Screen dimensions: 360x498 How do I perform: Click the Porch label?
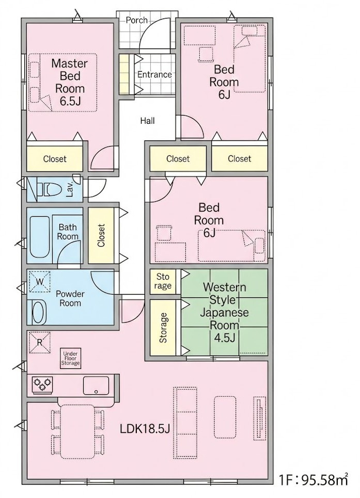pos(136,20)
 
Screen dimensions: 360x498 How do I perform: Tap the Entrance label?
pos(154,74)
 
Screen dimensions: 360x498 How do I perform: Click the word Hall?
pos(147,121)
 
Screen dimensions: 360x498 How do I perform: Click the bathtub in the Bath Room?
pos(39,236)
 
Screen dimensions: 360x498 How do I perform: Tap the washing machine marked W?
pos(40,281)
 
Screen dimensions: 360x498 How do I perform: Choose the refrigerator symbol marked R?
pos(40,342)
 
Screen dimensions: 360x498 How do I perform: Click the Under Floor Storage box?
pos(71,359)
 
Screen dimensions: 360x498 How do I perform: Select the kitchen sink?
pos(96,385)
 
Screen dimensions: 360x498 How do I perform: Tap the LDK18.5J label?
pos(145,429)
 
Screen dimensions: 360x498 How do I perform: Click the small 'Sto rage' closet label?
pos(163,281)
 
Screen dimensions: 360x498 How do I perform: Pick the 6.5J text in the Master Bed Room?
pos(70,101)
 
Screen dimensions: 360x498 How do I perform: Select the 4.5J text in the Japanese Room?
pos(225,338)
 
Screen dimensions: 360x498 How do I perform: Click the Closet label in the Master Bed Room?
pos(55,159)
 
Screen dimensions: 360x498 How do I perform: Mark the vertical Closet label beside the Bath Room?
pos(101,235)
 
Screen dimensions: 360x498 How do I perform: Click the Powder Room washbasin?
pos(39,312)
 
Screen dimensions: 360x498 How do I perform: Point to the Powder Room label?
pos(70,298)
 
